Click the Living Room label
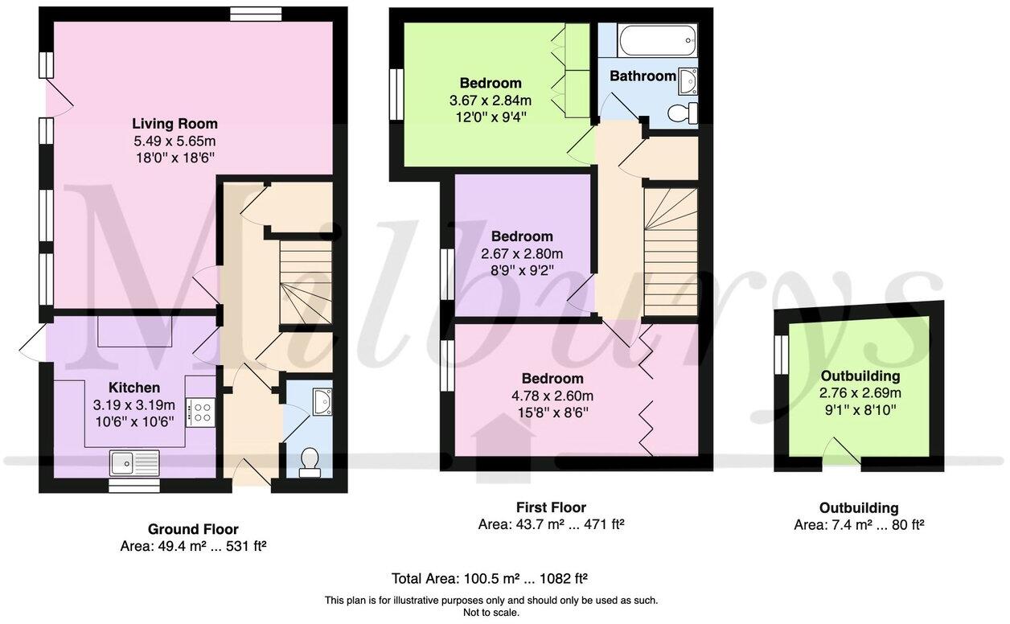click(x=174, y=124)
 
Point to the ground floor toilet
click(x=309, y=459)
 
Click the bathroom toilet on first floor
click(x=684, y=113)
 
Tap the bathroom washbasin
click(x=688, y=82)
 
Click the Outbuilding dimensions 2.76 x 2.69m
click(x=860, y=393)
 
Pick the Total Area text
click(x=489, y=578)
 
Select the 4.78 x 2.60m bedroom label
click(x=552, y=396)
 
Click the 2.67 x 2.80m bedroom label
click(x=522, y=253)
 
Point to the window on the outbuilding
click(x=779, y=355)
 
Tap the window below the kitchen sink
click(x=133, y=485)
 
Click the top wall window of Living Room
click(x=254, y=14)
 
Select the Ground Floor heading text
click(x=193, y=529)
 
